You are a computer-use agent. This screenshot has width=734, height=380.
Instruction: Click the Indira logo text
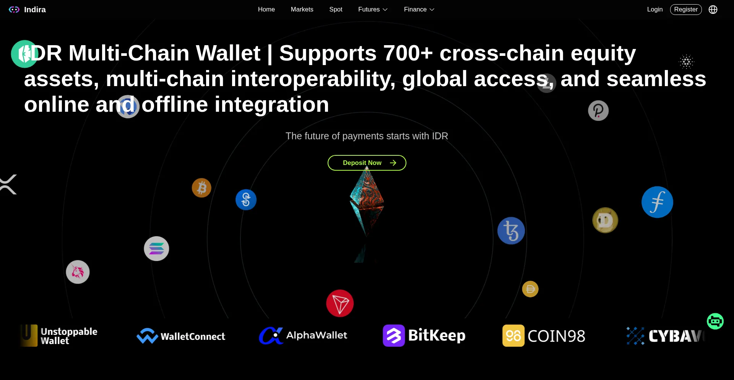click(35, 10)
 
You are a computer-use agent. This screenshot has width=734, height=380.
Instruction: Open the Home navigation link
click(266, 10)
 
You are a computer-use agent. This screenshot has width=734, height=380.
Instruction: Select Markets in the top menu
click(302, 10)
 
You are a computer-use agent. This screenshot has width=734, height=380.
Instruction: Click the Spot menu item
click(336, 10)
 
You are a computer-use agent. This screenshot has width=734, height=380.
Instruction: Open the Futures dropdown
click(373, 10)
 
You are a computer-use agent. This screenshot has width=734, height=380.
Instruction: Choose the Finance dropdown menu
click(419, 10)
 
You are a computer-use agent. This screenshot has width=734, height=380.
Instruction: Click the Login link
click(655, 10)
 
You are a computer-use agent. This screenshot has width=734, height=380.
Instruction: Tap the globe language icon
click(713, 10)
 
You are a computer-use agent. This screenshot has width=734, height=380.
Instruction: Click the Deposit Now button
click(367, 163)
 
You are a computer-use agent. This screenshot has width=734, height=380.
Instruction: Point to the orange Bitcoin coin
click(201, 188)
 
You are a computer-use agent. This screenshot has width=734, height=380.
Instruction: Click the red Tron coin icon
click(340, 303)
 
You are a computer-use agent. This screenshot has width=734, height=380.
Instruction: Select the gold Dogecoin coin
click(605, 220)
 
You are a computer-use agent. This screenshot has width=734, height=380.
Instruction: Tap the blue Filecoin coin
click(657, 202)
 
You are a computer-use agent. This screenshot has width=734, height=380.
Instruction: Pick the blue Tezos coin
click(511, 231)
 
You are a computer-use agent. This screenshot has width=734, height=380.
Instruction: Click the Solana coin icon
click(156, 249)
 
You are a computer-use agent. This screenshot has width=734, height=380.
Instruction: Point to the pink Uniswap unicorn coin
click(78, 272)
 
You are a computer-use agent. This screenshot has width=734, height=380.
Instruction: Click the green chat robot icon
click(715, 321)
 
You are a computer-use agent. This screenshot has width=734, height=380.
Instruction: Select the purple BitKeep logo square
click(394, 336)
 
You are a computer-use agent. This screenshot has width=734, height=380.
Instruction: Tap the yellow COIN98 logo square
click(513, 336)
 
